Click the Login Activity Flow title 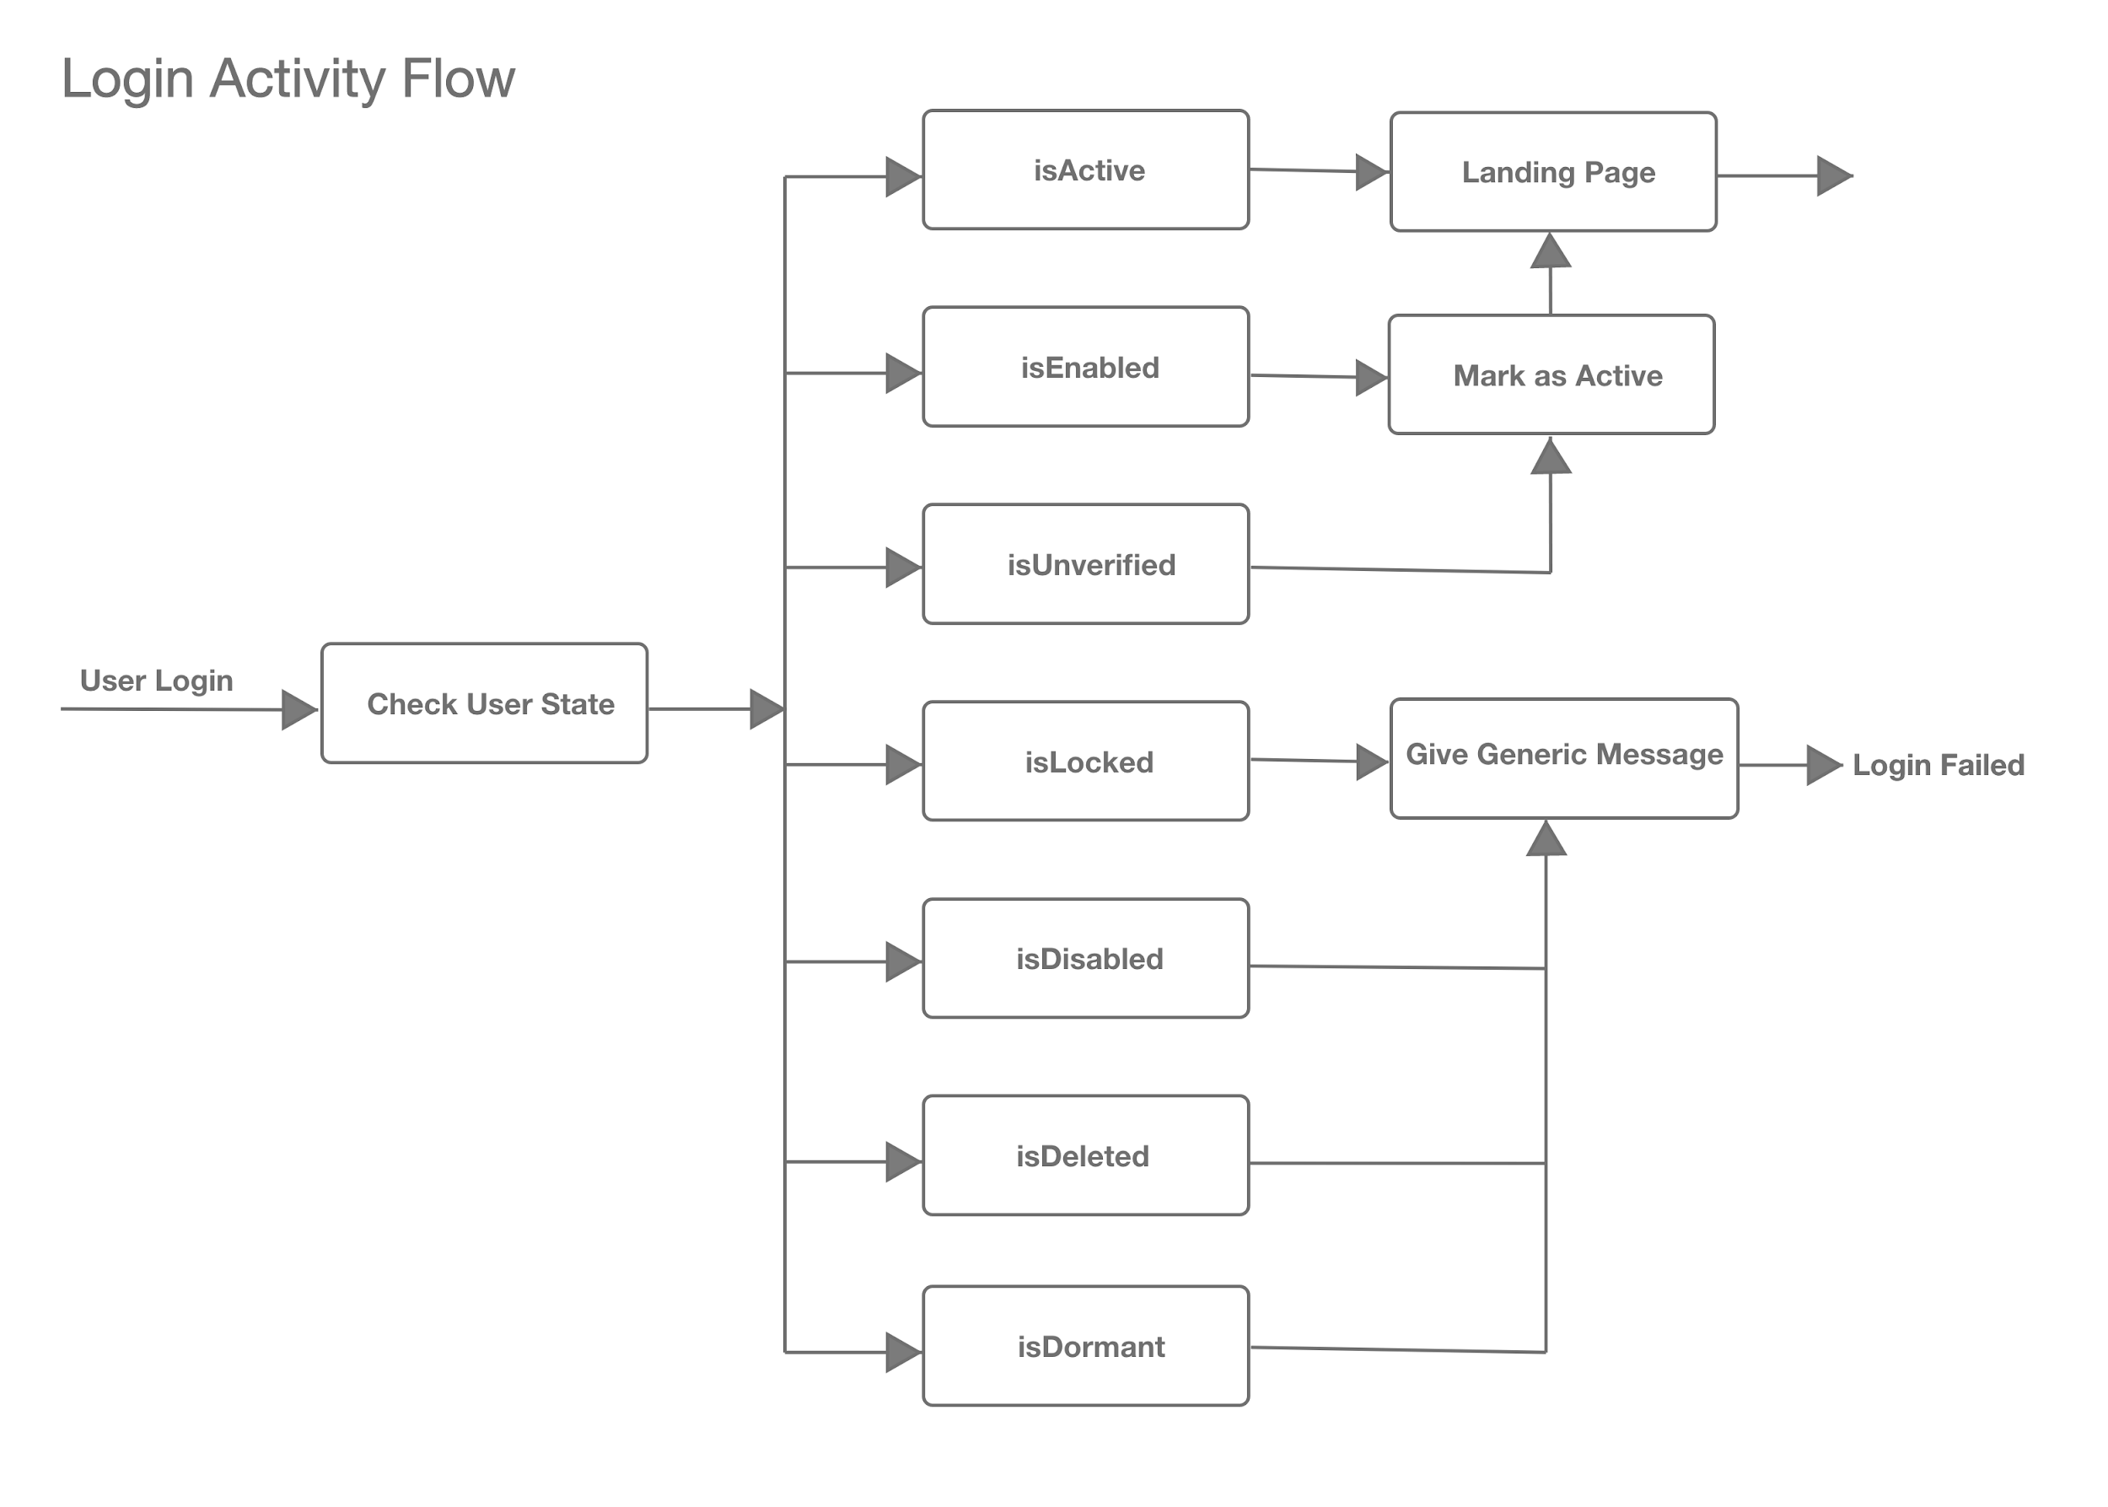pos(288,80)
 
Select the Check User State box pos(484,703)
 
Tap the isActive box pos(1085,170)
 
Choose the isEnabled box pos(1085,367)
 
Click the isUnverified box pos(1085,564)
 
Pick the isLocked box pos(1085,761)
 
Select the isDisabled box pos(1085,959)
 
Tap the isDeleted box pos(1085,1155)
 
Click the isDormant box pos(1085,1347)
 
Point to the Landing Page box pos(1553,172)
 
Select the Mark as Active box pos(1551,375)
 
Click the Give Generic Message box pos(1564,759)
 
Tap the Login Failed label pos(1939,766)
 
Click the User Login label pos(157,681)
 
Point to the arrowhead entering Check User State pos(299,710)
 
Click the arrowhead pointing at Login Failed pos(1825,766)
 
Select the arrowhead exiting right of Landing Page pos(1835,175)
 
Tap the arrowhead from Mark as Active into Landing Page pos(1551,250)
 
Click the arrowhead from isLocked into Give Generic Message pos(1372,762)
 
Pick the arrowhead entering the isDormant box pos(904,1353)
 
